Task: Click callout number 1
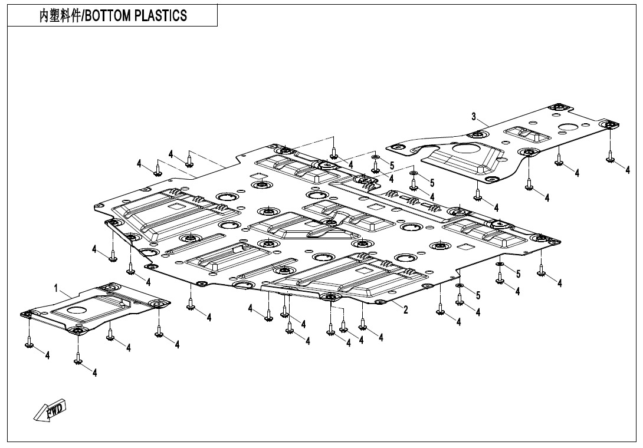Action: pos(56,288)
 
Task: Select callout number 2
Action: pos(406,310)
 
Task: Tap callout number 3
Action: pos(474,116)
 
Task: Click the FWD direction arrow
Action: pos(50,409)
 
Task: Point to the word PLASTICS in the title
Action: pos(162,16)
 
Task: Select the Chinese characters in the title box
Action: pos(59,16)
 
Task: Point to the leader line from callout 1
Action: pos(65,293)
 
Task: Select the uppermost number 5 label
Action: pos(392,166)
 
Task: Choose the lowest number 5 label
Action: pos(478,295)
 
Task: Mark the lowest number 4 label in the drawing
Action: pos(94,372)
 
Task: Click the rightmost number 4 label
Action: pos(628,169)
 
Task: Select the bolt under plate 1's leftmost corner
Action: pos(29,341)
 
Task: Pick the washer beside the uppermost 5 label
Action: pos(375,158)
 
